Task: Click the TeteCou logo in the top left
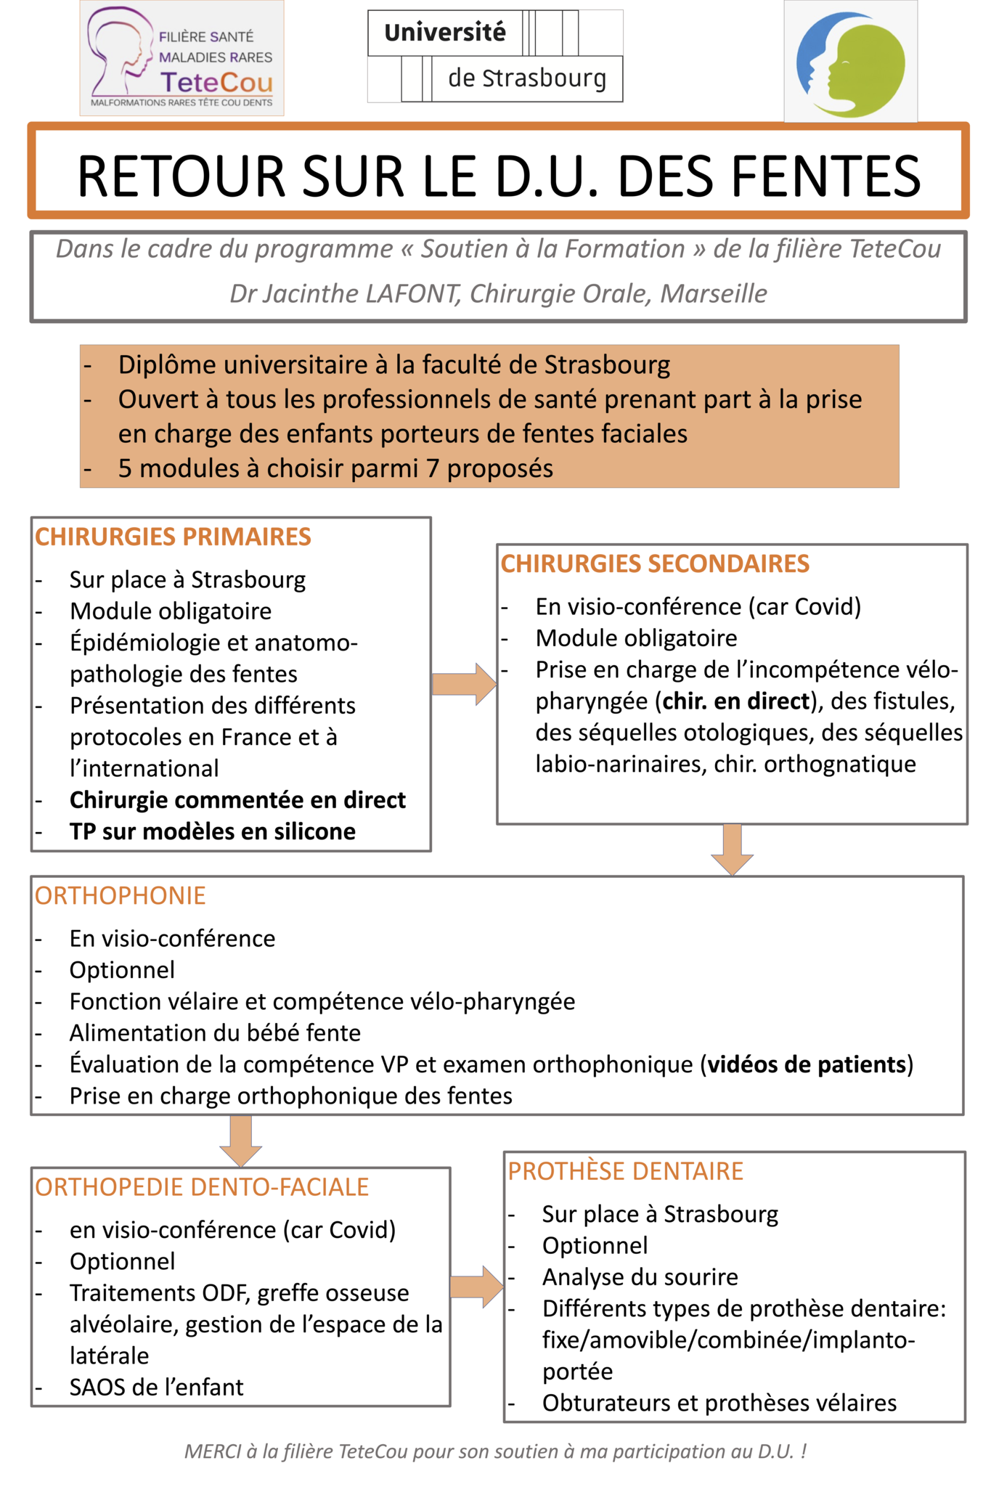(x=182, y=58)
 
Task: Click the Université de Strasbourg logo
(x=495, y=56)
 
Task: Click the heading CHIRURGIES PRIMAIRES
(x=173, y=537)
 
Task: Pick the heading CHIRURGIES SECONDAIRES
(x=655, y=563)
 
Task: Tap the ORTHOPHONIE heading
(x=121, y=895)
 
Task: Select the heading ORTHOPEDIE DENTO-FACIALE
(x=202, y=1186)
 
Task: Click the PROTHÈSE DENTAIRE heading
(x=625, y=1171)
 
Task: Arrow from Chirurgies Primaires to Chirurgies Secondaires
(x=464, y=683)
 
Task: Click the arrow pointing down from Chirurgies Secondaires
(x=732, y=849)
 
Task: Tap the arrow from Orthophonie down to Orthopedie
(x=240, y=1141)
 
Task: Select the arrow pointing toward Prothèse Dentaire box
(x=476, y=1287)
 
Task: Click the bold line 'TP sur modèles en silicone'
(x=212, y=831)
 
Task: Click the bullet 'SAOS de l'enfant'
(x=156, y=1387)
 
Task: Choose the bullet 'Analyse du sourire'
(x=640, y=1276)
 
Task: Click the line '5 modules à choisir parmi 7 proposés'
(x=335, y=468)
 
